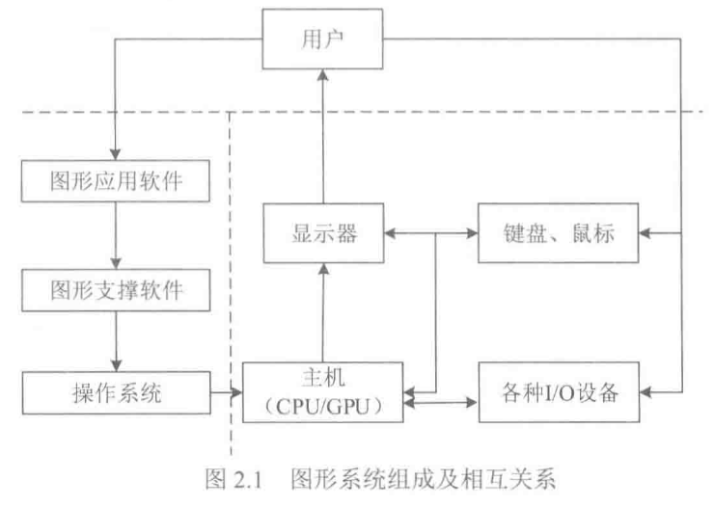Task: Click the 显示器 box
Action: [323, 232]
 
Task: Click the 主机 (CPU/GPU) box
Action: [323, 392]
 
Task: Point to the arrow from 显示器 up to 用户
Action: [323, 135]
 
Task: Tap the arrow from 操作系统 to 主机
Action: [226, 392]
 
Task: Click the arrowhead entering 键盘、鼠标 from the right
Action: [645, 232]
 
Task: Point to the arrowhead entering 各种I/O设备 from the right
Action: [645, 392]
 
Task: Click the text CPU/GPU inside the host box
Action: [323, 406]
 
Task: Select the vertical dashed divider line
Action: [231, 289]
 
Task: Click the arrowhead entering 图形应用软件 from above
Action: [116, 154]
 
